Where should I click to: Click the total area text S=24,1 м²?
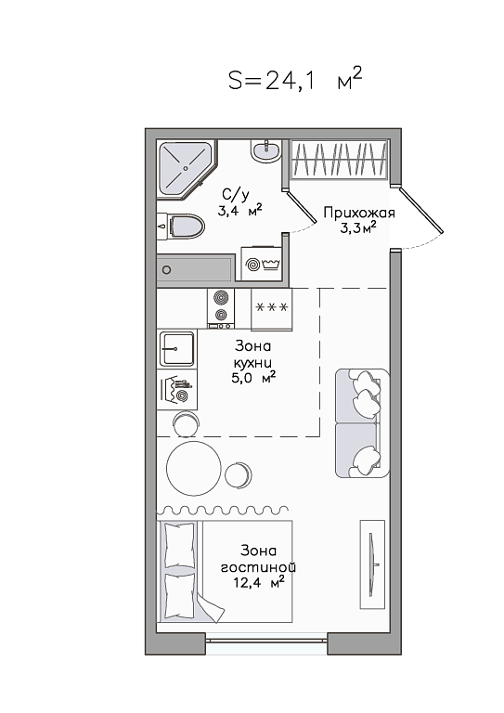tap(295, 79)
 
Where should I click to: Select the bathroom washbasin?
tap(265, 150)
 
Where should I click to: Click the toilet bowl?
tap(181, 226)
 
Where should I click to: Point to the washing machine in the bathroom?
tap(262, 265)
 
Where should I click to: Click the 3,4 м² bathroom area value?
tap(239, 211)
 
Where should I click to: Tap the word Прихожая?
tap(359, 213)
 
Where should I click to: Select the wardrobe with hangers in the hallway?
tap(339, 159)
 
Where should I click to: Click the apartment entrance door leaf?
tap(421, 210)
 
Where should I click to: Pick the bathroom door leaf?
tap(301, 207)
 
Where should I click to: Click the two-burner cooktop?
tap(221, 308)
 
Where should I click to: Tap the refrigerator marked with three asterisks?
tap(272, 309)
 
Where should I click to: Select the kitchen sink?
tap(176, 349)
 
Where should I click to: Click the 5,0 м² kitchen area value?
tap(253, 378)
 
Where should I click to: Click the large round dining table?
tap(194, 468)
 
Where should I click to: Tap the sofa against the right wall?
tap(362, 423)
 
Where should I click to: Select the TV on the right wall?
tap(372, 564)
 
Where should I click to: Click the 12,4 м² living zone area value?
tap(259, 582)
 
